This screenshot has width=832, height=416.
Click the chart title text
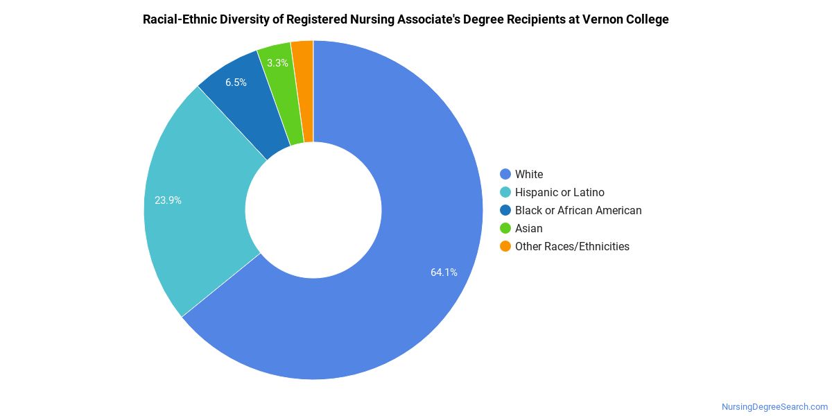tap(406, 19)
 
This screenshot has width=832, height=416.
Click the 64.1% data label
tap(444, 272)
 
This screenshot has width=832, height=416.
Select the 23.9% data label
tap(168, 200)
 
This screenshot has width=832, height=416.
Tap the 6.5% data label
tap(236, 83)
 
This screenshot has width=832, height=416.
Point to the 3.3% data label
tap(277, 63)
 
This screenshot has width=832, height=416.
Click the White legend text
tap(529, 175)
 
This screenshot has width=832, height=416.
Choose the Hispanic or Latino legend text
tap(560, 193)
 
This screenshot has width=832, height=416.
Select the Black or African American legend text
tap(578, 211)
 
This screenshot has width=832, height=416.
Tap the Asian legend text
tap(529, 229)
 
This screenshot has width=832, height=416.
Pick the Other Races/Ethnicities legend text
tap(572, 247)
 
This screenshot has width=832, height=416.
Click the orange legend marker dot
tap(505, 246)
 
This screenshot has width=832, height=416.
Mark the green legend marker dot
tap(505, 228)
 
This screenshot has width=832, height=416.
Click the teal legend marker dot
tap(505, 192)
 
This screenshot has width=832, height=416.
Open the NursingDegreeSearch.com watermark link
tap(774, 407)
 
